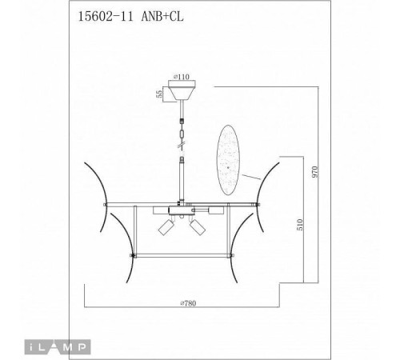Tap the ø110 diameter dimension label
[x=183, y=78]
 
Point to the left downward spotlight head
[x=168, y=228]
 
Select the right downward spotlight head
[x=198, y=228]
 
